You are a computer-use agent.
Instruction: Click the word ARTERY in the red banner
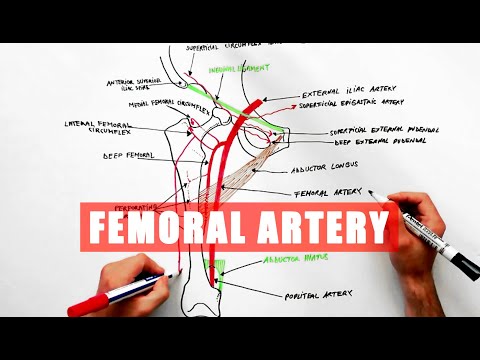(323, 229)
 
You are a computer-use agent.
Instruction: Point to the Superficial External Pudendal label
(385, 132)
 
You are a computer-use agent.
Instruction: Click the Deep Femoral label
(127, 156)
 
